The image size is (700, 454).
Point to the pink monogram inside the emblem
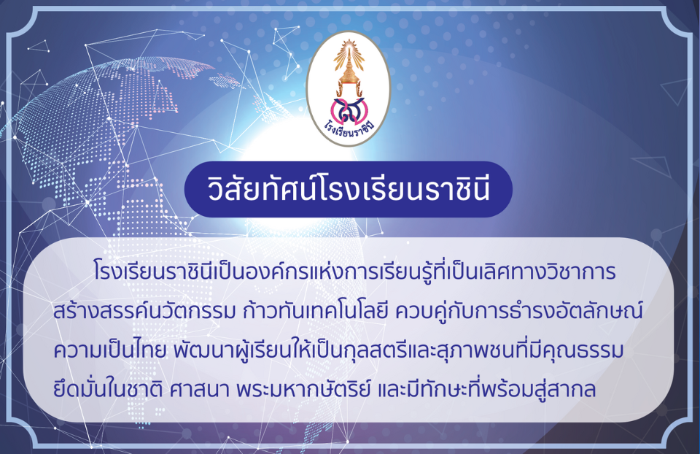349,110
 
